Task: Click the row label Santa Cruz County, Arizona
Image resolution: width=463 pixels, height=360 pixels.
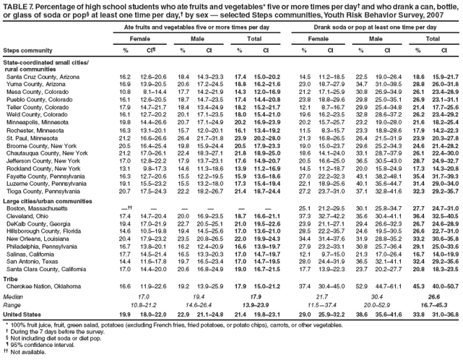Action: (x=38, y=76)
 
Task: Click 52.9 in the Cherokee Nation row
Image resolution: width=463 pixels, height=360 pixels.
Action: (x=368, y=286)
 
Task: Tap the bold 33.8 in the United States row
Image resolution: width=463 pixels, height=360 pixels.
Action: (x=417, y=315)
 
